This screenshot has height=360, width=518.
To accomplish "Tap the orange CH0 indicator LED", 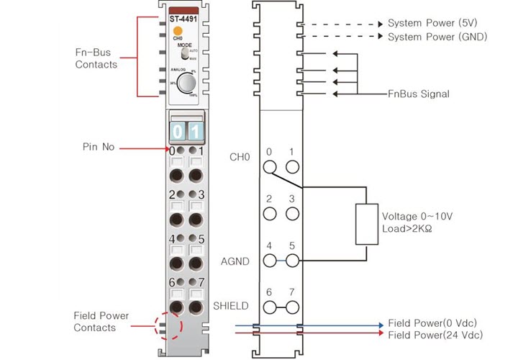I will point(177,31).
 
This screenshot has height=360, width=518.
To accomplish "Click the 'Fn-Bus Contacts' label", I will point(96,58).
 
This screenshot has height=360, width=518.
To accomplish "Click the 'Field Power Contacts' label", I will point(94,322).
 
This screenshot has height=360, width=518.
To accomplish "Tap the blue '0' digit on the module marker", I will point(177,132).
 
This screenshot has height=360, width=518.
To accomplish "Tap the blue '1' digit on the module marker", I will point(195,132).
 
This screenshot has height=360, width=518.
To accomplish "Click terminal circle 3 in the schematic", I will point(292,214).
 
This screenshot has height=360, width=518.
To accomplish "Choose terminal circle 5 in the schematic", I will point(292,261).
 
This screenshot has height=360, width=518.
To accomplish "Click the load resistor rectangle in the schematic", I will point(366,223).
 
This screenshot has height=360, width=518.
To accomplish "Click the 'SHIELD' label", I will point(231,306).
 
